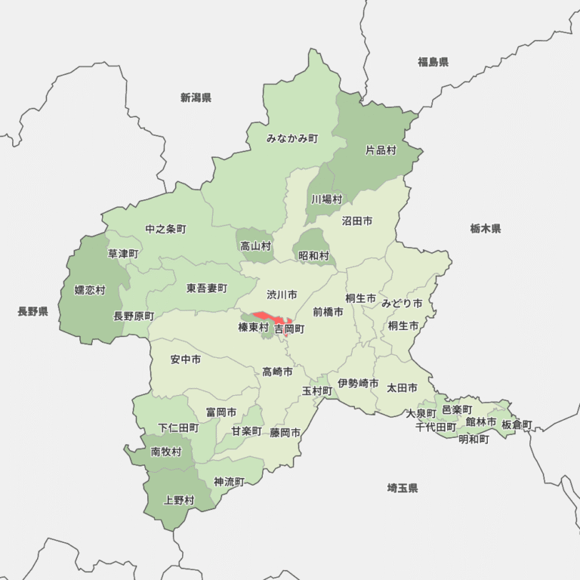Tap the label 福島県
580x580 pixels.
433,62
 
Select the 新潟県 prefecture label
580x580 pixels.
196,97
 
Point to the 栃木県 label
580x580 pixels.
485,228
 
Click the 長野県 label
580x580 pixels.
32,311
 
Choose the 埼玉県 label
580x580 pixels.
403,488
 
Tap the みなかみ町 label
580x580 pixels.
292,139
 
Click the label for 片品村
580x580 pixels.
381,150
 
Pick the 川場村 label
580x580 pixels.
327,199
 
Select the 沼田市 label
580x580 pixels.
357,221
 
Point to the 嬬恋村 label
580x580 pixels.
90,289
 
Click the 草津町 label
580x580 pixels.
123,254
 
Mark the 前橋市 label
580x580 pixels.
328,311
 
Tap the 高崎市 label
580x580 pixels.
277,372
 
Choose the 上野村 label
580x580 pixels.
179,500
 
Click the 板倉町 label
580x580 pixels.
517,424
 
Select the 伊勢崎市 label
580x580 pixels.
358,384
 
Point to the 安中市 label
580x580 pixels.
186,359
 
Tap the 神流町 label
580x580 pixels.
229,481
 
